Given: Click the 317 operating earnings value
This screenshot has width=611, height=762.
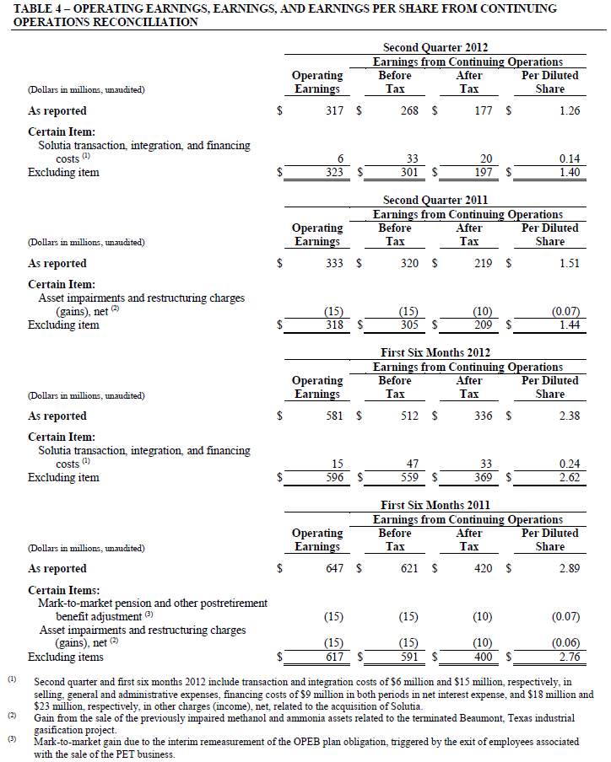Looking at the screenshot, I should coord(334,110).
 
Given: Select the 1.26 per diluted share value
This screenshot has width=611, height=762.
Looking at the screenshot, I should coord(570,110).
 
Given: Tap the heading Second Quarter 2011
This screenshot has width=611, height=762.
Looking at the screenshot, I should coord(435,201).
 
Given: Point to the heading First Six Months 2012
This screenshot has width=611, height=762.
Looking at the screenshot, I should coord(435,353).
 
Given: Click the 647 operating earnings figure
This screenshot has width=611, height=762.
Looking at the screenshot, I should coord(334,568).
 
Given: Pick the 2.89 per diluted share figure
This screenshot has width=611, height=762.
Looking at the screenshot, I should coord(570,568).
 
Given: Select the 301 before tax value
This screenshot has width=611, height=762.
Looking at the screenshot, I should coord(409,173).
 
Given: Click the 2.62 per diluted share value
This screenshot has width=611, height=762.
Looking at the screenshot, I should coord(570,478).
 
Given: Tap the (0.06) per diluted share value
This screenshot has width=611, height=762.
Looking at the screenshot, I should coord(565,643).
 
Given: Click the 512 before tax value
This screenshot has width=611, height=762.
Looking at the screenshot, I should coord(409,416).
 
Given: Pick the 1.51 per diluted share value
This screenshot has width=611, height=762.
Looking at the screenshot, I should coord(570,263).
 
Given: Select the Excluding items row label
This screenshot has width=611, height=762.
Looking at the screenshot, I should coord(66,657).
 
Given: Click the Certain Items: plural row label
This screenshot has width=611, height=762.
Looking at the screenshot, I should coord(63,590).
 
